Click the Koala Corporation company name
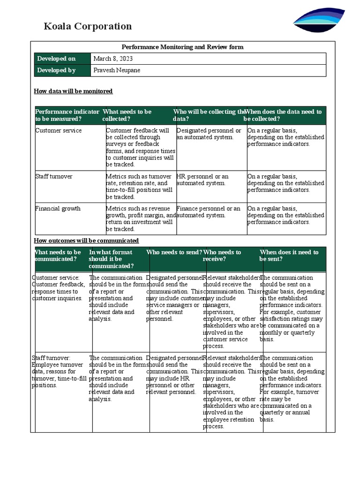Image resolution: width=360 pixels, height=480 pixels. click(88, 26)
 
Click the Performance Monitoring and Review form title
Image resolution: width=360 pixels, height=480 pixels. click(182, 47)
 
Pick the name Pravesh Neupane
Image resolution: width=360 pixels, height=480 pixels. click(117, 70)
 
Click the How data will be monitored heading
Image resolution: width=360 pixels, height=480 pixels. click(73, 91)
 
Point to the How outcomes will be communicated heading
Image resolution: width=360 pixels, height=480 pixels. click(86, 240)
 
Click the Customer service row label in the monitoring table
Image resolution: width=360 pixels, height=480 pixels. click(59, 131)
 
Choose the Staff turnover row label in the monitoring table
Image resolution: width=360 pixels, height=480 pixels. click(54, 177)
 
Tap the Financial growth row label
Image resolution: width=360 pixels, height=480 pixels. click(58, 209)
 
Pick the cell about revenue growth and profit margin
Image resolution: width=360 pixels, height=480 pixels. click(141, 219)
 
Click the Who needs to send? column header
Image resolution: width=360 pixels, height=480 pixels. click(174, 252)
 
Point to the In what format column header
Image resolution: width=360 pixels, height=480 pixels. click(111, 259)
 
